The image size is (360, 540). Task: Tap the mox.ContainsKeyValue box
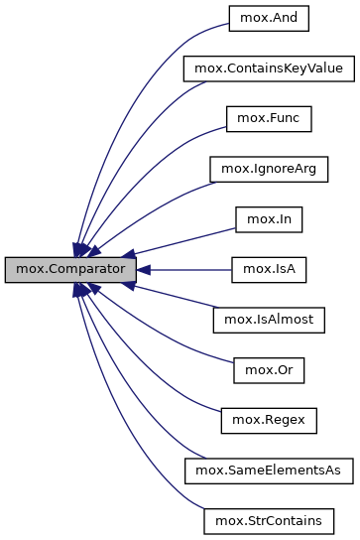(268, 69)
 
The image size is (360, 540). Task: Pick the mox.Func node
(268, 119)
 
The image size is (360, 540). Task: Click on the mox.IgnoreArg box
(268, 169)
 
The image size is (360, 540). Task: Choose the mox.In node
(268, 219)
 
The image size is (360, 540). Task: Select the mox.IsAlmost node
(268, 320)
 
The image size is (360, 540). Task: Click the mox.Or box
(268, 370)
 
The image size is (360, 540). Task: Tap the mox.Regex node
(268, 420)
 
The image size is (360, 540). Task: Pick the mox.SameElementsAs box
(268, 471)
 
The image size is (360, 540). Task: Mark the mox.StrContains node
(268, 520)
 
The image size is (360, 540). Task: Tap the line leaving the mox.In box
(188, 238)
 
